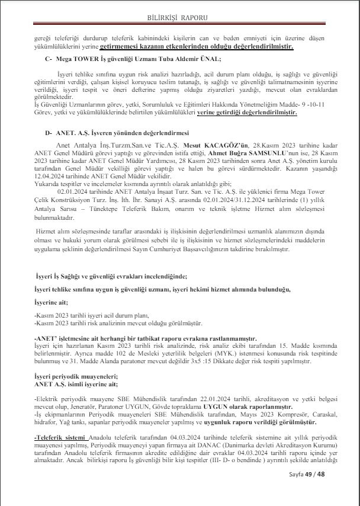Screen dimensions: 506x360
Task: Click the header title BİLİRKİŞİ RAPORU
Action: [x=179, y=18]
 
